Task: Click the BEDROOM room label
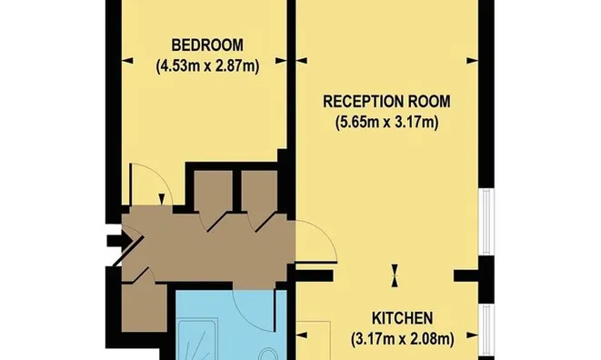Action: [x=207, y=45]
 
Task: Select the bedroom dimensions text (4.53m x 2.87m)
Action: [x=207, y=66]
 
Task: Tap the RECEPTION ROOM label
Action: [x=386, y=102]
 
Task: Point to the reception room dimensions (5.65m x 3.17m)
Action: [x=387, y=123]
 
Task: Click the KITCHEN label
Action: [x=403, y=318]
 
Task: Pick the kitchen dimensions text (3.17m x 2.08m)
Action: [x=403, y=339]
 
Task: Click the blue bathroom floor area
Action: [x=230, y=325]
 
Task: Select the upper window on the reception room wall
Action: [x=486, y=222]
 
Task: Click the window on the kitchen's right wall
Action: [x=486, y=330]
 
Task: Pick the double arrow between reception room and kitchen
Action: [x=395, y=275]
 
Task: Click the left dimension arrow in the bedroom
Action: [x=127, y=61]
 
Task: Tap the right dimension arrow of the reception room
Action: [x=472, y=61]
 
